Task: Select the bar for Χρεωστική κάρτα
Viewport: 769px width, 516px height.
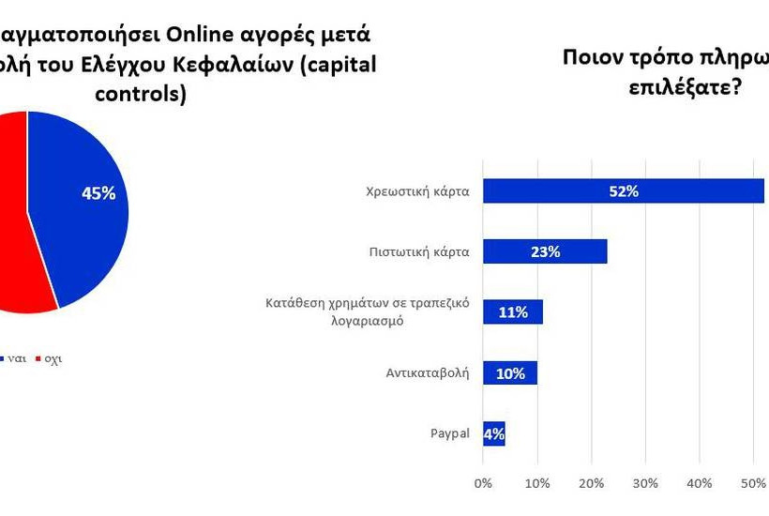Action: (623, 191)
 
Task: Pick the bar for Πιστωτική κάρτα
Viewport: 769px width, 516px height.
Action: (544, 251)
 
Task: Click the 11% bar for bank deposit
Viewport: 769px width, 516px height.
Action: (512, 311)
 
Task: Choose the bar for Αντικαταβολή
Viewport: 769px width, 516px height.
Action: (509, 372)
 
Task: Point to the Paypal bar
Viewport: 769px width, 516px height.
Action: (493, 433)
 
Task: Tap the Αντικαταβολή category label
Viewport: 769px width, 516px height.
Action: (428, 372)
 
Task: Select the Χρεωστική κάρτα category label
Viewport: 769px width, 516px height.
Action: (417, 191)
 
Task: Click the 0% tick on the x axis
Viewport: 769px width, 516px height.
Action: (483, 483)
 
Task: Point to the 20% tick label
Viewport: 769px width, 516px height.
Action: (591, 483)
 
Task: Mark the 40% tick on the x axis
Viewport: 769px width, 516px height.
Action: (700, 483)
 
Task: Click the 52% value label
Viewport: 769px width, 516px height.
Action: (623, 191)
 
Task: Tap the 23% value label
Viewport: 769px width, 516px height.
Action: (544, 251)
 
